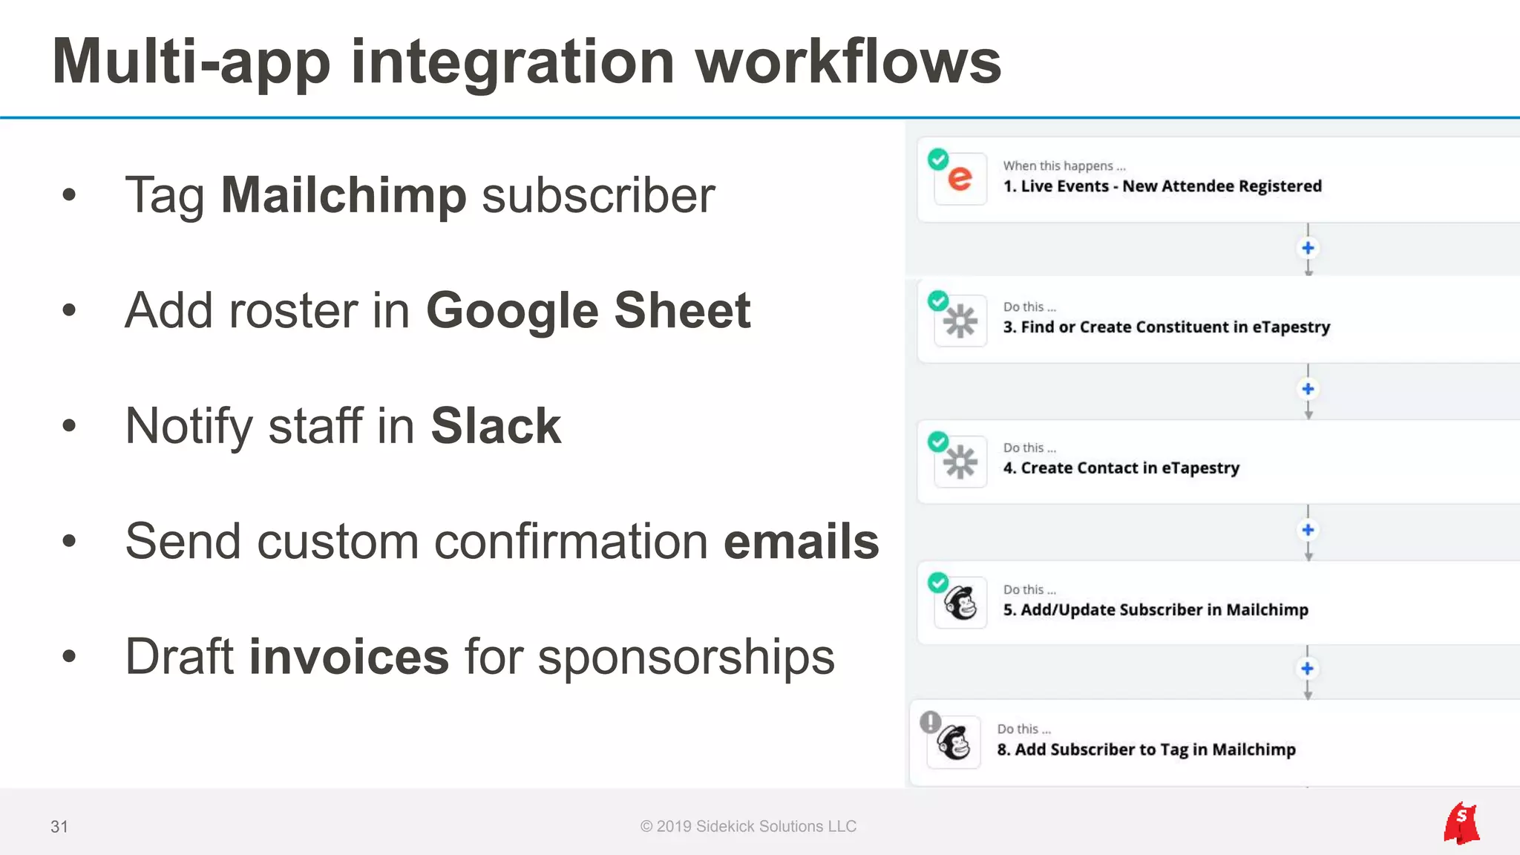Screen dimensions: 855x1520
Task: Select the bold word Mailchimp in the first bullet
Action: pyautogui.click(x=344, y=196)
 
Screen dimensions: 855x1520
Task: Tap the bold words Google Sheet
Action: pyautogui.click(x=588, y=310)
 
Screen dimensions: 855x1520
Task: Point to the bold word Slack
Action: pyautogui.click(x=496, y=426)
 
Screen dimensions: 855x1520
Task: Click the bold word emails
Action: pyautogui.click(x=801, y=541)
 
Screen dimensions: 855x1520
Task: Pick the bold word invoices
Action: pyautogui.click(x=349, y=657)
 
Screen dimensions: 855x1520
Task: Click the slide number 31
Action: pyautogui.click(x=59, y=827)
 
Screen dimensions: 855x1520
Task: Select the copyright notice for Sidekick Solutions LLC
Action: pyautogui.click(x=748, y=827)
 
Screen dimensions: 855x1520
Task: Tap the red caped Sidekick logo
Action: pyautogui.click(x=1461, y=823)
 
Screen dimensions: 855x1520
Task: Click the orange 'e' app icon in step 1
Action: pyautogui.click(x=960, y=179)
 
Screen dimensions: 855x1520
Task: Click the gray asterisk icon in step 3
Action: pyautogui.click(x=960, y=321)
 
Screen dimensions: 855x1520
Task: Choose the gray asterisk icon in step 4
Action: pyautogui.click(x=960, y=462)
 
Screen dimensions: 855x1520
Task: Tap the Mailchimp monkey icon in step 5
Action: pyautogui.click(x=960, y=603)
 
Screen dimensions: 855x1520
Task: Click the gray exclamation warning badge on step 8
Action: pyautogui.click(x=930, y=721)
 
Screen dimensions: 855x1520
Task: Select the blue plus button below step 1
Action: pyautogui.click(x=1308, y=248)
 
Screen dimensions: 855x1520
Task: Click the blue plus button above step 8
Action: pyautogui.click(x=1308, y=669)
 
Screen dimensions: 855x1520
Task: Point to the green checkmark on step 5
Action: pyautogui.click(x=938, y=583)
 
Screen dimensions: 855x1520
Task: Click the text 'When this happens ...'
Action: pyautogui.click(x=1064, y=166)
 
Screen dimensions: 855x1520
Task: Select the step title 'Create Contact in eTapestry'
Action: pyautogui.click(x=1130, y=468)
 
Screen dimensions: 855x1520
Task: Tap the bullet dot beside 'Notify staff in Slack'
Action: pyautogui.click(x=69, y=426)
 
